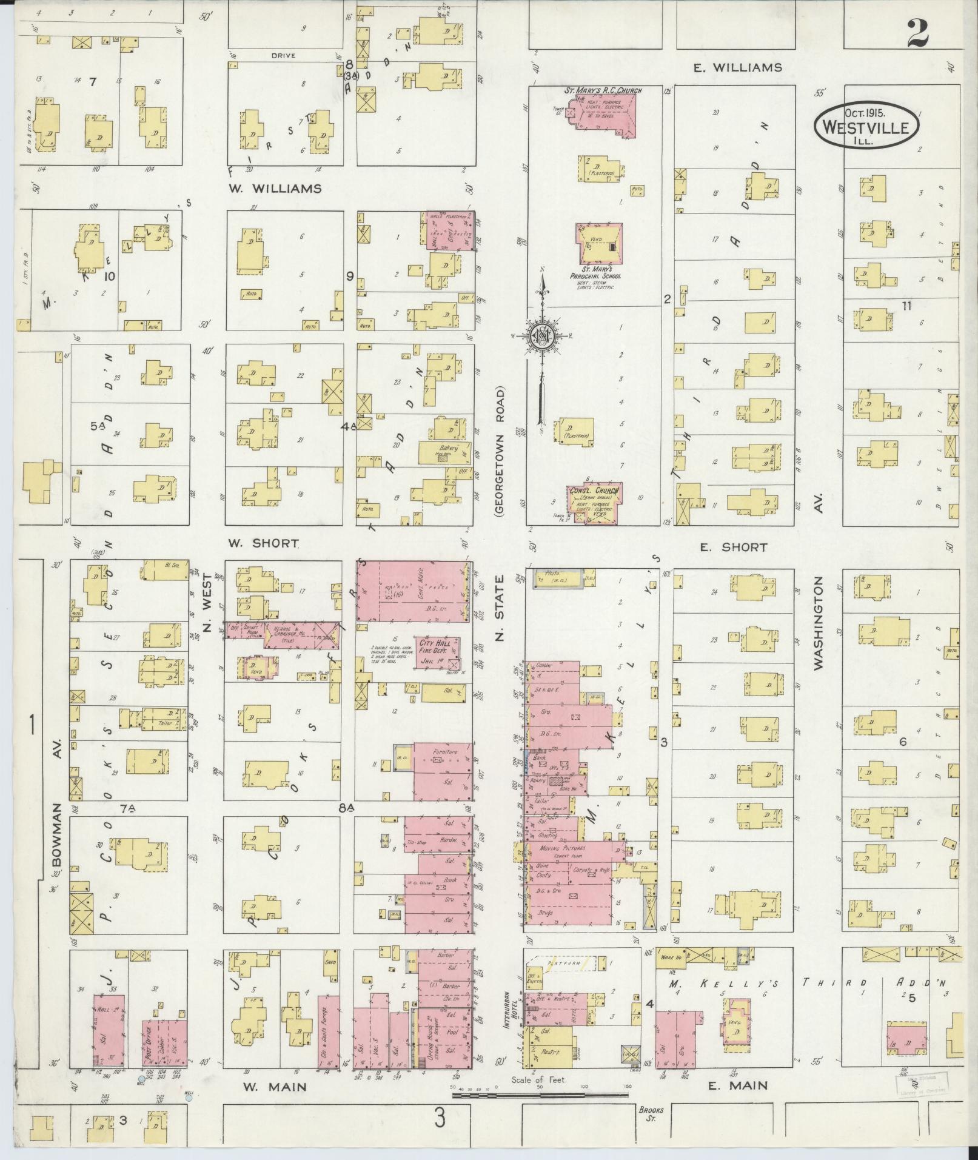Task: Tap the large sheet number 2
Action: [918, 33]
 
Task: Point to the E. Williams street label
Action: [737, 67]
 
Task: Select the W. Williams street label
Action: [275, 189]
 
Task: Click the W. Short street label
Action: [264, 543]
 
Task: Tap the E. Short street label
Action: [733, 547]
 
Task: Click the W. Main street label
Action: [275, 1087]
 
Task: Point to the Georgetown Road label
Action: [500, 452]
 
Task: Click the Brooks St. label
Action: [651, 1114]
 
